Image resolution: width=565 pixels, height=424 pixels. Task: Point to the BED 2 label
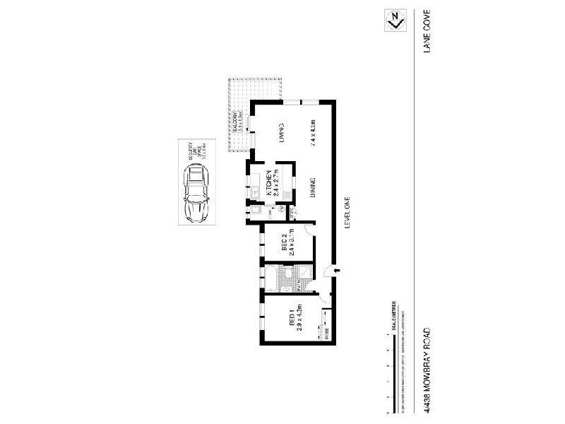pos(283,242)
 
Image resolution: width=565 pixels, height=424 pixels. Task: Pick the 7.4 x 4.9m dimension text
pos(312,133)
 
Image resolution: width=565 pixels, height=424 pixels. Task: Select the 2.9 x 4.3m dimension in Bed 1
pos(299,317)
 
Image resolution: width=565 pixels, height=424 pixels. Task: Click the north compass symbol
pos(395,20)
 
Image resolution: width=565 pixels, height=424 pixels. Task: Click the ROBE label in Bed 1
pos(326,333)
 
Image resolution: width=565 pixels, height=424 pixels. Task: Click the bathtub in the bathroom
pos(270,282)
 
